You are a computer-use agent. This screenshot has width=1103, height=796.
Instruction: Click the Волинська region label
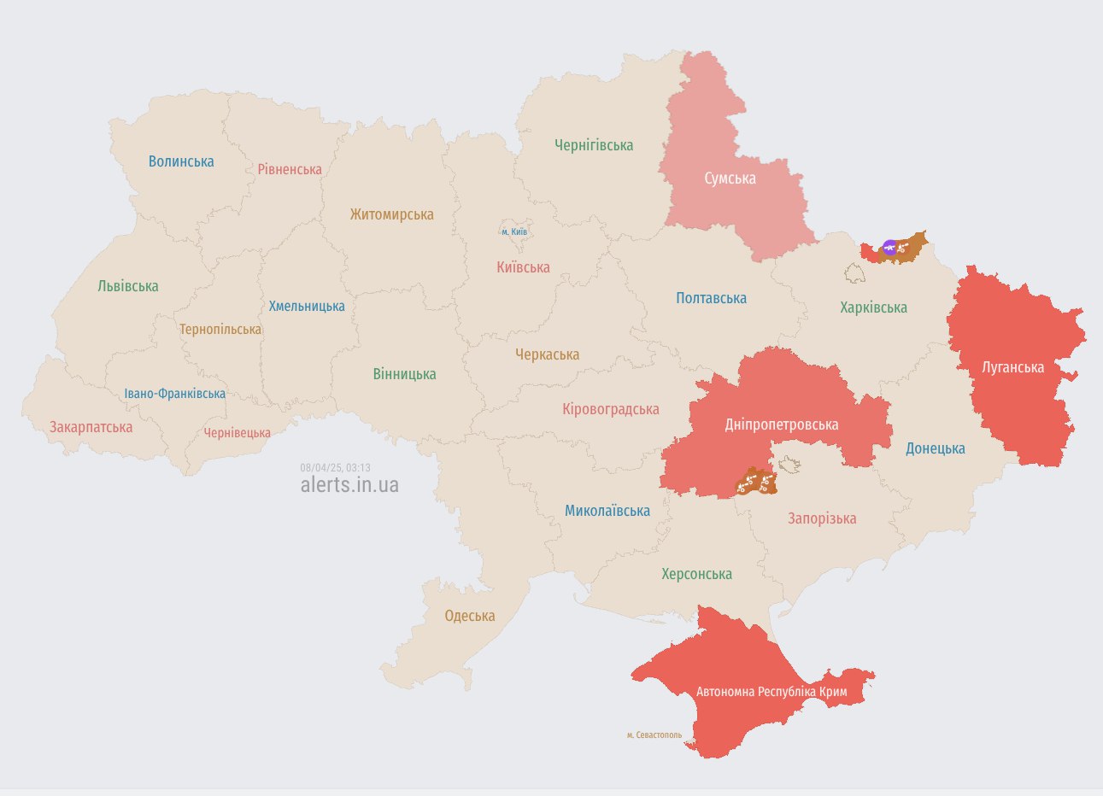(x=181, y=161)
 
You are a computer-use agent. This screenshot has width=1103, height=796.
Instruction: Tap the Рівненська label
(x=290, y=169)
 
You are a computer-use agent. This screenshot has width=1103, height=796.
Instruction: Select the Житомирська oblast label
(x=391, y=214)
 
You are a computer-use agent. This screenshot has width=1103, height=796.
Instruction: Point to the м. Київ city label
(x=514, y=231)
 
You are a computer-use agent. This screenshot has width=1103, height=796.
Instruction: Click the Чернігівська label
(x=594, y=145)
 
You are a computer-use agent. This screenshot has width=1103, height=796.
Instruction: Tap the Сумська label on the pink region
(x=730, y=179)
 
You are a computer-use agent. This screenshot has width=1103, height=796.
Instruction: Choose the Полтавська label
(x=711, y=298)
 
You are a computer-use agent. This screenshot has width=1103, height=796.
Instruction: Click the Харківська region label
(x=873, y=307)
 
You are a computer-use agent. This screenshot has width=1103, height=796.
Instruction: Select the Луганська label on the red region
(x=1012, y=367)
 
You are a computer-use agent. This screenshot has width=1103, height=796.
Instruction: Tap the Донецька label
(x=936, y=448)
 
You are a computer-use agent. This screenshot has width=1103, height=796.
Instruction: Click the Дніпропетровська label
(x=782, y=424)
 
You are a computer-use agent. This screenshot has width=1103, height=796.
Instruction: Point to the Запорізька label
(x=822, y=518)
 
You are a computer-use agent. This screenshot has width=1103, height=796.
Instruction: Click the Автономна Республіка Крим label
(x=772, y=692)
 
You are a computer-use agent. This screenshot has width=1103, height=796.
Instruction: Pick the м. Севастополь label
(x=654, y=735)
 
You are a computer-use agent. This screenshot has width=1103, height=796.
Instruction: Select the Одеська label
(x=470, y=616)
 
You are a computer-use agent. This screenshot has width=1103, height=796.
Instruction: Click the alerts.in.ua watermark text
(x=349, y=485)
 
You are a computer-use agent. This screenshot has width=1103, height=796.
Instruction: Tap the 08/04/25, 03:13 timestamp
(x=335, y=468)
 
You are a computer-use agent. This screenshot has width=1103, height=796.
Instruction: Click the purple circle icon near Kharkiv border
(x=889, y=248)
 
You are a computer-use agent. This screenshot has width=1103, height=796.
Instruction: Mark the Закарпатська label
(x=91, y=427)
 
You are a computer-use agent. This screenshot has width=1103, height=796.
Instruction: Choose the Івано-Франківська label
(x=175, y=394)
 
